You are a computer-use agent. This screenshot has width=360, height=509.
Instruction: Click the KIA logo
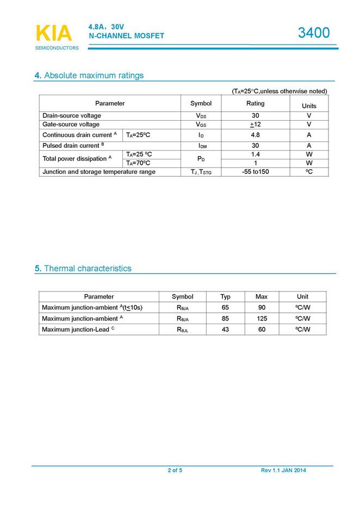click(54, 34)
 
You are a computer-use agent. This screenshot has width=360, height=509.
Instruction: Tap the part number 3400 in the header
click(314, 33)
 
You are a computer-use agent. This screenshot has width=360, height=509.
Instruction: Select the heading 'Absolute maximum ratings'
click(89, 75)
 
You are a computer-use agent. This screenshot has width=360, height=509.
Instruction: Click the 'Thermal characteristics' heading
click(83, 268)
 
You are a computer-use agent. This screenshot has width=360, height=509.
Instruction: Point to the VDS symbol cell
click(201, 116)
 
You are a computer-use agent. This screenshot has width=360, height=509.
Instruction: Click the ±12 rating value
click(255, 125)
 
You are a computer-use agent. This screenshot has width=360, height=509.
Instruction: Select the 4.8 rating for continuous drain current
click(255, 135)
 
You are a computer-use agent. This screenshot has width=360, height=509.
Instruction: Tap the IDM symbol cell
click(201, 146)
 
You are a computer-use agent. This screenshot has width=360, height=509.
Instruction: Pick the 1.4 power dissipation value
click(255, 154)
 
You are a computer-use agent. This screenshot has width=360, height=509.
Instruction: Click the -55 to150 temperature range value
click(255, 172)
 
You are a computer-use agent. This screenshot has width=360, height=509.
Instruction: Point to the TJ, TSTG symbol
click(201, 172)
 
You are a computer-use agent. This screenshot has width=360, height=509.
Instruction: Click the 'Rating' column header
click(255, 103)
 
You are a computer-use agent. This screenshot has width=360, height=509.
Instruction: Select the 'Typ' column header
click(225, 296)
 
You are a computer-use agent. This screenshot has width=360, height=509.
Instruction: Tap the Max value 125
click(262, 318)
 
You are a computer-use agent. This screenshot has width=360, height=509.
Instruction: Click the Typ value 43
click(225, 330)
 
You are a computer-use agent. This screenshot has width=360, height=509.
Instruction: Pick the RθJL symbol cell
click(182, 330)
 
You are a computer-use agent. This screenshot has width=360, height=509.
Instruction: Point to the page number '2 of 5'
click(175, 470)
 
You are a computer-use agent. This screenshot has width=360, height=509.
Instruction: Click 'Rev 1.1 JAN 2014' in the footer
click(283, 470)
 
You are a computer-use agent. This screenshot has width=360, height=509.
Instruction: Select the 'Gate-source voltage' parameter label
click(71, 125)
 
